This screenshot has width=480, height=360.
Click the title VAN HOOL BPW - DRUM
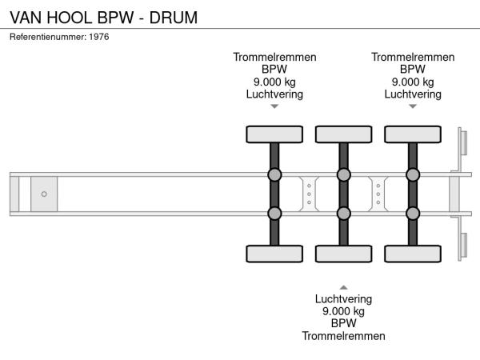click(104, 16)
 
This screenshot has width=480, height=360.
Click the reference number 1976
click(99, 37)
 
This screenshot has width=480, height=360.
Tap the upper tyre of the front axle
click(274, 134)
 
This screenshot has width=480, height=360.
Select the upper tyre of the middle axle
click(343, 134)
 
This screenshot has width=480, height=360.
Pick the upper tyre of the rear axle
click(413, 134)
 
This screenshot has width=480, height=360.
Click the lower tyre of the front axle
click(274, 254)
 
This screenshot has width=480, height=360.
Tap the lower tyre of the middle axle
click(343, 254)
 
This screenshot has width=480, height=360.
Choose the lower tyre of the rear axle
click(413, 254)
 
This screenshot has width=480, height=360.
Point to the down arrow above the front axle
click(274, 106)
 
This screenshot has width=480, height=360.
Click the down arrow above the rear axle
click(413, 106)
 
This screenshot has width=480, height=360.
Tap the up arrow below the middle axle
click(343, 286)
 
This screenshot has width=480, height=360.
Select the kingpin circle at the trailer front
click(44, 194)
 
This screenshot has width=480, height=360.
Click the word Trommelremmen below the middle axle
click(343, 336)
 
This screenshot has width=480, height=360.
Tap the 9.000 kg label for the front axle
click(274, 82)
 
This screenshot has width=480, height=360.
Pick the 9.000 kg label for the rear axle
click(413, 82)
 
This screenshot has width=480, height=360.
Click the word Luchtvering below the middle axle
click(343, 299)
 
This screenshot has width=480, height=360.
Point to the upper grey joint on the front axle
click(274, 175)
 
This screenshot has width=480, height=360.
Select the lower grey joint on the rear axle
click(413, 213)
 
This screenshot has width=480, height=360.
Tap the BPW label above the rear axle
click(413, 70)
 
